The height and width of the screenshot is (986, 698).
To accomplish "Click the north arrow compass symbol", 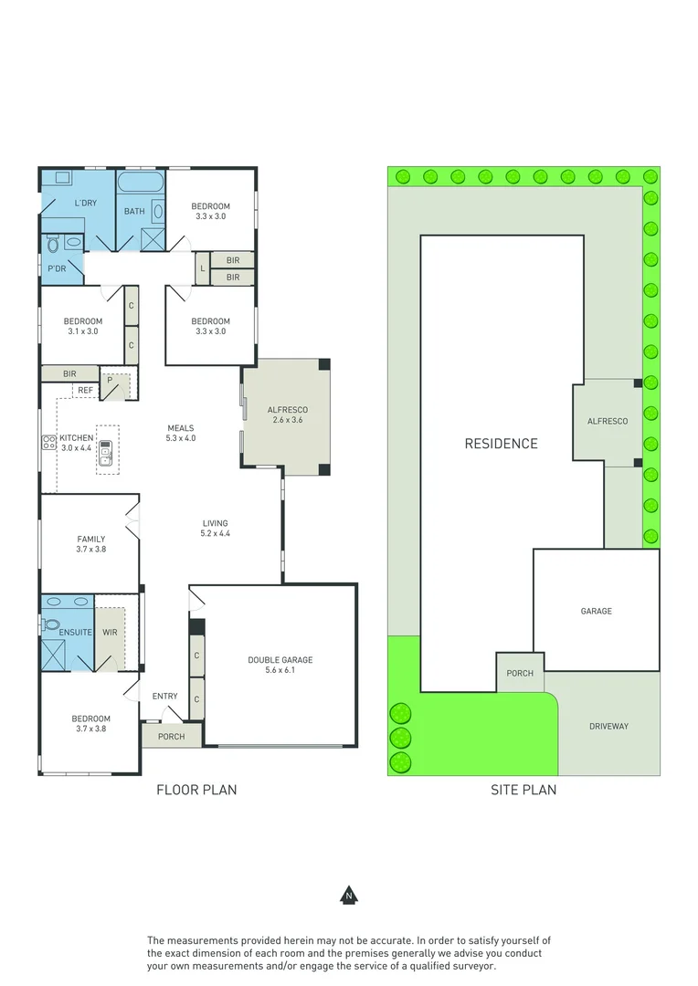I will tap(348, 895).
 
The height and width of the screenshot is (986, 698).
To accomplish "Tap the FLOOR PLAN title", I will tap(196, 790).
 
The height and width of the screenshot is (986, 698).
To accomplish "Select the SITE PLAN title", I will tap(523, 790).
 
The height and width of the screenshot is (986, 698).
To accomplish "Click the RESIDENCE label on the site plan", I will tap(501, 444).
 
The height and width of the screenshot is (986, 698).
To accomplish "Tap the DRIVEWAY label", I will tap(608, 727).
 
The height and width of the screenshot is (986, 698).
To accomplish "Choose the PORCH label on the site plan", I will tap(520, 674).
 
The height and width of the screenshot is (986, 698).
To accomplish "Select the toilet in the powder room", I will tap(52, 245).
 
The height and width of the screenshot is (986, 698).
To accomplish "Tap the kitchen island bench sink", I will tap(106, 448).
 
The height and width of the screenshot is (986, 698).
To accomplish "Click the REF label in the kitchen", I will tap(85, 391).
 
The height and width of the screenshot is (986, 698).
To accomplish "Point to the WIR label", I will tap(110, 632).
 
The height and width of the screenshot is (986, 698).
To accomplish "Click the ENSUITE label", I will tap(75, 632).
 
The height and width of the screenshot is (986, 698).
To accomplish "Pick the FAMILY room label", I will tap(90, 539).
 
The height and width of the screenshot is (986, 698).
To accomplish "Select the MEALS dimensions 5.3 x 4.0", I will tap(181, 439).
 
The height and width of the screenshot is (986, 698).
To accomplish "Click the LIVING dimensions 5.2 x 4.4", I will tap(216, 533).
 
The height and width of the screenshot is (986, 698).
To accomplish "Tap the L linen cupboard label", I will tap(202, 268).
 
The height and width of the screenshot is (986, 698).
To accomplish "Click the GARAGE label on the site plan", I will tap(596, 612).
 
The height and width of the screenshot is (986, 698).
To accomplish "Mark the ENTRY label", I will tap(165, 697).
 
